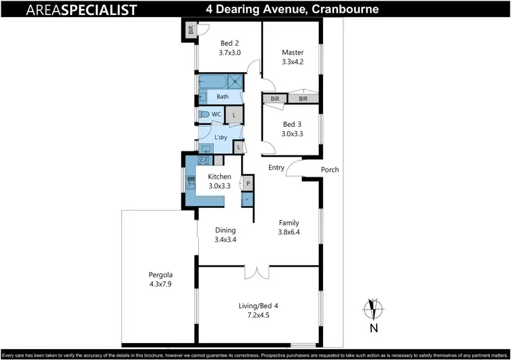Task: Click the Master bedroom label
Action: [293, 52]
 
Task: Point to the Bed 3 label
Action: [292, 124]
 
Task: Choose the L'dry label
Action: [221, 137]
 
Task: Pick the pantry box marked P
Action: [248, 184]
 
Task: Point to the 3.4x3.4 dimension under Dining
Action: [225, 239]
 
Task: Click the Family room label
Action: [290, 222]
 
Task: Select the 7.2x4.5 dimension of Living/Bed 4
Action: [258, 315]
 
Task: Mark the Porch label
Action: [330, 170]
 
